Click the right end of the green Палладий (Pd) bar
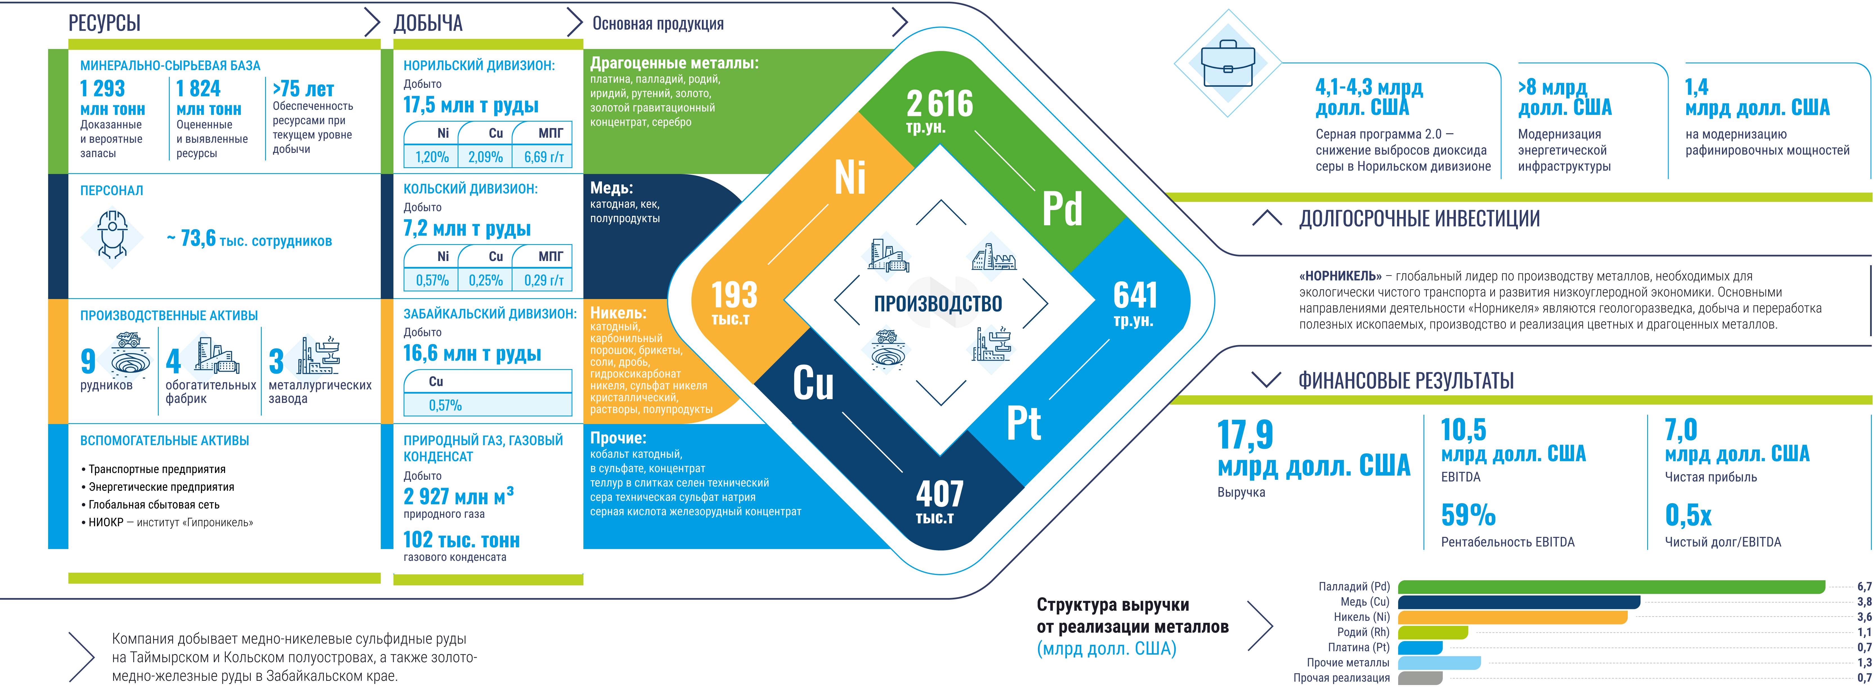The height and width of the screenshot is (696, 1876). click(x=1825, y=587)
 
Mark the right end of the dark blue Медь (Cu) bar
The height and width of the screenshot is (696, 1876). click(x=1640, y=602)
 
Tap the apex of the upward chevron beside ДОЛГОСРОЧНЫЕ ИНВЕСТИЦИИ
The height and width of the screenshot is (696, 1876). click(x=1267, y=211)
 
